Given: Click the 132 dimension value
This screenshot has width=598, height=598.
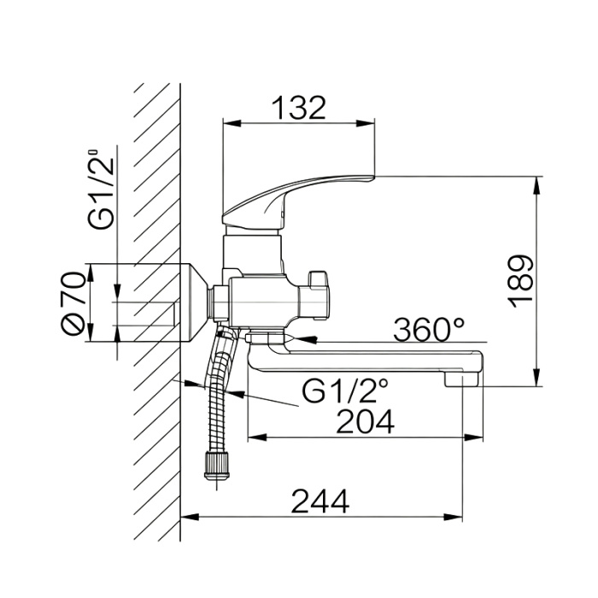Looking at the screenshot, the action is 300,108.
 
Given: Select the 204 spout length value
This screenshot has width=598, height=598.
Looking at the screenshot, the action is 365,422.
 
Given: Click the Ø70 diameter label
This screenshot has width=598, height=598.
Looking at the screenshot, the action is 73,303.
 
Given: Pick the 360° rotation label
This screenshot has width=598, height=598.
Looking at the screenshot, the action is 429,330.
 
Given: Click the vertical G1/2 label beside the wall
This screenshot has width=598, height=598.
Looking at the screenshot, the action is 102,189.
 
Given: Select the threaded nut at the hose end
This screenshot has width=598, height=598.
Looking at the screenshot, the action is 217,466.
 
